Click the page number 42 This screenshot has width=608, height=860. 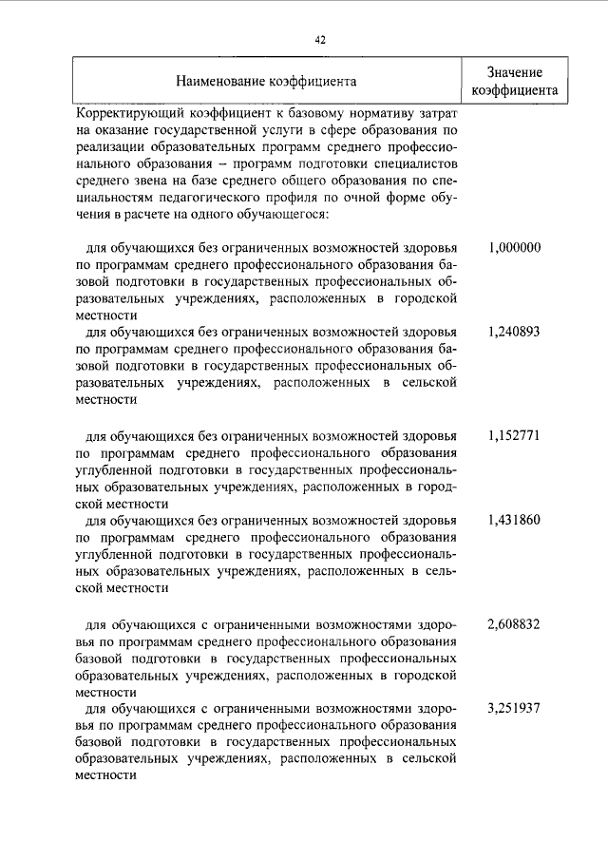pyautogui.click(x=320, y=39)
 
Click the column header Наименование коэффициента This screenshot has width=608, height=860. pyautogui.click(x=267, y=82)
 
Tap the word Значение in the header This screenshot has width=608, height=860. pyautogui.click(x=514, y=72)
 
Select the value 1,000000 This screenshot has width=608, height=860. pyautogui.click(x=514, y=248)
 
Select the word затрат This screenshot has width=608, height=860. pyautogui.click(x=441, y=114)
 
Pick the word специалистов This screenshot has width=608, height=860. pyautogui.click(x=417, y=164)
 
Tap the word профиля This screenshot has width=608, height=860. pyautogui.click(x=296, y=199)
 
